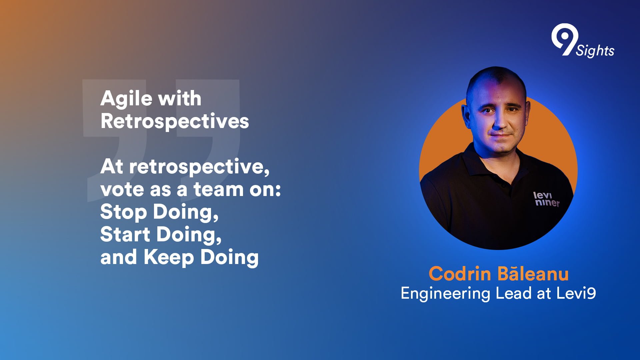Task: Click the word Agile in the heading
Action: click(x=126, y=99)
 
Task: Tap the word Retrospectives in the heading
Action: click(x=175, y=121)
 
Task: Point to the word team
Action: click(x=219, y=190)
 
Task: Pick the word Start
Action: click(x=125, y=234)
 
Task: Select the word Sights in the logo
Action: click(x=595, y=51)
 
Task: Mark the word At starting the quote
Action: click(x=112, y=166)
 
